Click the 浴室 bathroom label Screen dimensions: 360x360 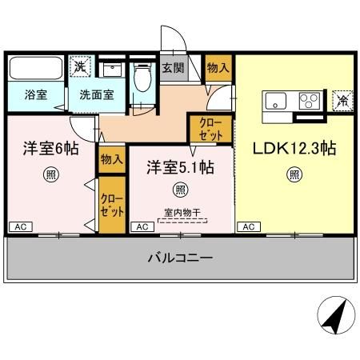click(34, 94)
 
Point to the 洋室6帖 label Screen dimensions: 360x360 click(50, 149)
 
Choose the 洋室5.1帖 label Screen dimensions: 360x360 click(179, 167)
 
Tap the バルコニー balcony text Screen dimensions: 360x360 click(179, 258)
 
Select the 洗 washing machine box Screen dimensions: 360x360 click(80, 67)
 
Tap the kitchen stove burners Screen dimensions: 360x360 click(309, 102)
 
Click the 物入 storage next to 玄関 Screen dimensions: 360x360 click(218, 68)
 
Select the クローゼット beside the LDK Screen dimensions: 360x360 click(210, 129)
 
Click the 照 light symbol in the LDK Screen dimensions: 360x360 click(294, 174)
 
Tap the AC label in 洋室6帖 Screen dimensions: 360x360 click(18, 227)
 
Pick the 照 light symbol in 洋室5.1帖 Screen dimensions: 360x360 click(179, 190)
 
